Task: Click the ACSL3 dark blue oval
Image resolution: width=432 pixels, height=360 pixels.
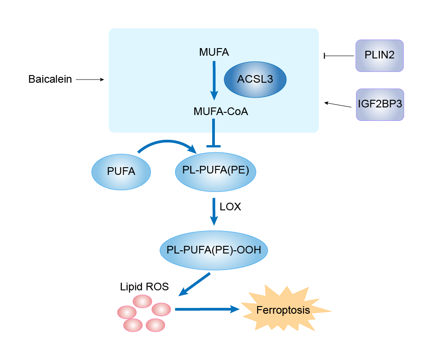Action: (255, 80)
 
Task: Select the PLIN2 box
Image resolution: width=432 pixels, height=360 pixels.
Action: (379, 56)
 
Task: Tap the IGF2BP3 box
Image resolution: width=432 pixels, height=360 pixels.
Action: (380, 104)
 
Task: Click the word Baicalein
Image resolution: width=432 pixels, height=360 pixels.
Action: (50, 80)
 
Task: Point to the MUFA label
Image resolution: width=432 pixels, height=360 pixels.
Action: (214, 53)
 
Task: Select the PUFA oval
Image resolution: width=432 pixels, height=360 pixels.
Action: (121, 171)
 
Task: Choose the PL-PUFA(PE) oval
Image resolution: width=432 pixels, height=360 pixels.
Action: (215, 171)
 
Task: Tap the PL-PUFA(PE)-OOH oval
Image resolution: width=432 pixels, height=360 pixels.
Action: (214, 250)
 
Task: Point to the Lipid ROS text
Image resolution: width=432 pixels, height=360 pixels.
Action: (144, 286)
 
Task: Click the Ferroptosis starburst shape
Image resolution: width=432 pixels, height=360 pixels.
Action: (283, 310)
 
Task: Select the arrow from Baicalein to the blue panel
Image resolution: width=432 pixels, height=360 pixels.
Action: (89, 80)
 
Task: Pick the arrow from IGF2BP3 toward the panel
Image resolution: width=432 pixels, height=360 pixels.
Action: (338, 105)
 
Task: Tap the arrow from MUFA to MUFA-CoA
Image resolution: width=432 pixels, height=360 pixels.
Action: (214, 80)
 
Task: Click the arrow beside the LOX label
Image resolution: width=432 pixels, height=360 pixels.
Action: (214, 211)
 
